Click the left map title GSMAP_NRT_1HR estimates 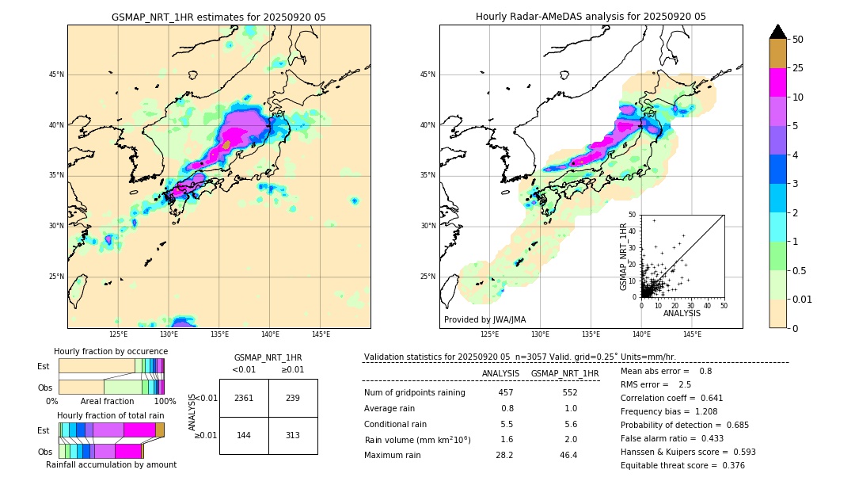tap(218, 17)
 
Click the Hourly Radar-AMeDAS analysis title tap(591, 17)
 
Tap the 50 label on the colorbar tap(798, 39)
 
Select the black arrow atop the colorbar tap(777, 32)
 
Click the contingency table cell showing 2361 tap(244, 398)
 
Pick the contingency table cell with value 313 tap(292, 435)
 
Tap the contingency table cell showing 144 tap(244, 435)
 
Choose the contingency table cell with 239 tap(292, 398)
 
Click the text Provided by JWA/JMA tap(484, 319)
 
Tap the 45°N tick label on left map tap(56, 74)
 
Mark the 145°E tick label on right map tap(692, 334)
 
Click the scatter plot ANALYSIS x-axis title tap(682, 313)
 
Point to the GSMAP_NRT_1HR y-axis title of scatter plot tap(623, 256)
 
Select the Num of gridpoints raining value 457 tap(506, 392)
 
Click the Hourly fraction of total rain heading tap(111, 415)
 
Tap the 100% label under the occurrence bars tap(164, 401)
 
